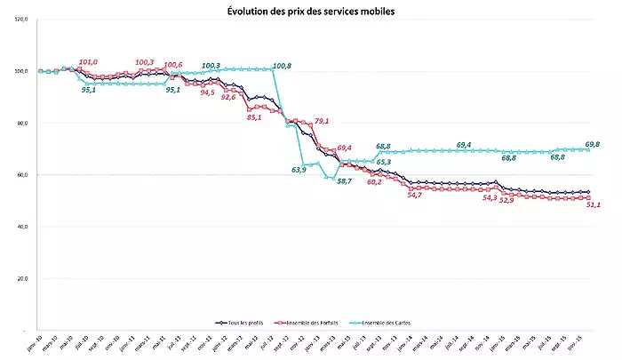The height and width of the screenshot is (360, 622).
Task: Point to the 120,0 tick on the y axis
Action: [21, 20]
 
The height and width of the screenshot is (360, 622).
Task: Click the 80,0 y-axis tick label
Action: [21, 123]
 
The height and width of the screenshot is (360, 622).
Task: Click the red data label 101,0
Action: [88, 62]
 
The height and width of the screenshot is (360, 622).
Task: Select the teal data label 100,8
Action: [283, 65]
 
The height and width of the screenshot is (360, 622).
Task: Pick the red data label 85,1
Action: [254, 116]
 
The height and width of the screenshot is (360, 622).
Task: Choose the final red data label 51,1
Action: [591, 205]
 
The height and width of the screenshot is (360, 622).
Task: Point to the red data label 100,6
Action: [172, 65]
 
